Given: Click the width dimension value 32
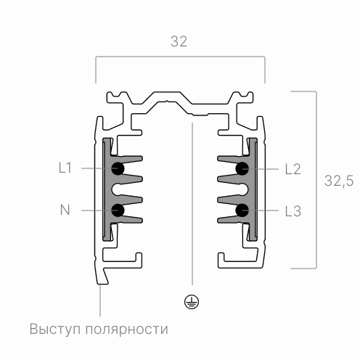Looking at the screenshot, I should pyautogui.click(x=179, y=41).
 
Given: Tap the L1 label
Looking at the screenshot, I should pyautogui.click(x=65, y=168).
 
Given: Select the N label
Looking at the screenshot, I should pyautogui.click(x=65, y=210).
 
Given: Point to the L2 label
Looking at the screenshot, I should pyautogui.click(x=292, y=168).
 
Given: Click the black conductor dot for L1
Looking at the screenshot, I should pyautogui.click(x=118, y=168).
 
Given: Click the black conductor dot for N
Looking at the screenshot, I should pyautogui.click(x=118, y=210).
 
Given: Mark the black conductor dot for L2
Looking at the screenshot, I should pyautogui.click(x=243, y=168).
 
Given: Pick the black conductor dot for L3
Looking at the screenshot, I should pyautogui.click(x=243, y=210).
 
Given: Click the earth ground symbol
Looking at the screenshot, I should pyautogui.click(x=192, y=302).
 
